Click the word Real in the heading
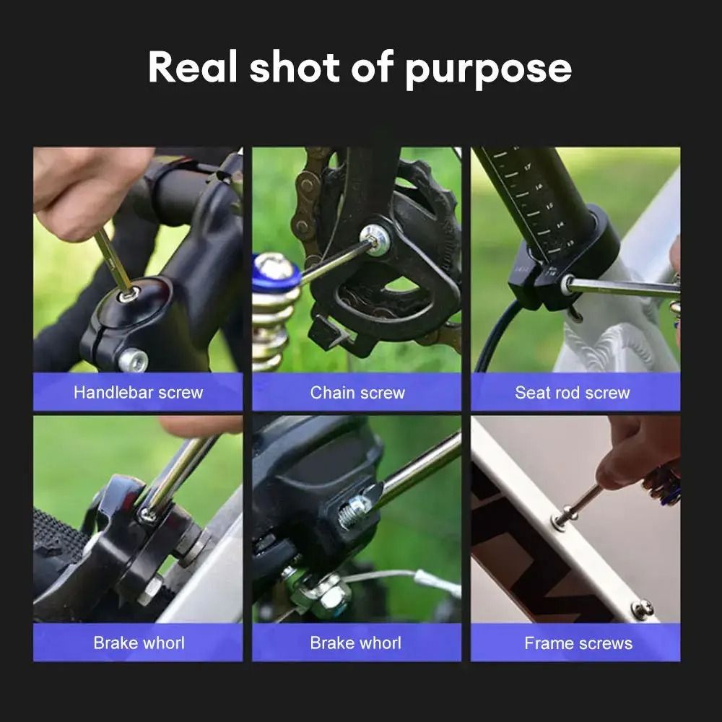click(192, 67)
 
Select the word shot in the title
click(295, 67)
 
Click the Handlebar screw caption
click(138, 393)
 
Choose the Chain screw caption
click(357, 393)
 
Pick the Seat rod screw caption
click(572, 393)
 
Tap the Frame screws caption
click(578, 643)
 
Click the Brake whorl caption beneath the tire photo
click(138, 643)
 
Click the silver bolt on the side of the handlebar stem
click(133, 360)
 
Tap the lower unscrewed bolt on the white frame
click(641, 609)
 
